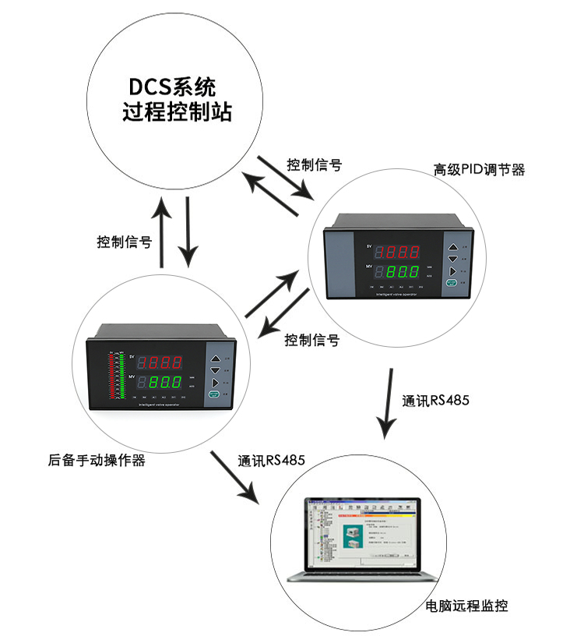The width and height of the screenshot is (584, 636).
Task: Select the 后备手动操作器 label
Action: (x=97, y=461)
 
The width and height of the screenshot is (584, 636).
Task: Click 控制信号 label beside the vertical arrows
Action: (x=124, y=242)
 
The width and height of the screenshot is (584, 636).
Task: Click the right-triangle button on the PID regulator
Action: (x=452, y=272)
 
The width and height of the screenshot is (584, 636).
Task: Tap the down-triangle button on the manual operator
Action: (x=216, y=372)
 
